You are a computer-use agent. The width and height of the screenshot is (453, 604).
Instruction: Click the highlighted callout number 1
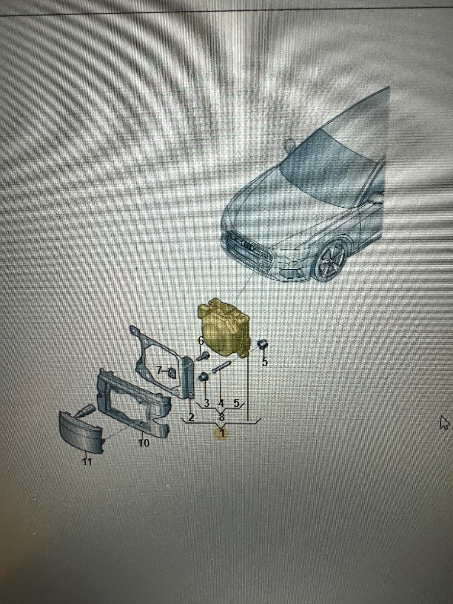coord(222,433)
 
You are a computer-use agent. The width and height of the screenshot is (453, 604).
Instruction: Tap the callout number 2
coord(191,417)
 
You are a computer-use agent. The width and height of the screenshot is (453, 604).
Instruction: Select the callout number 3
coord(206,403)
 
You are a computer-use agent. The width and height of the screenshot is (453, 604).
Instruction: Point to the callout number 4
coord(221,403)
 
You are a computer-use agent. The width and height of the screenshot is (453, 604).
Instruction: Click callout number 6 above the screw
coord(201,340)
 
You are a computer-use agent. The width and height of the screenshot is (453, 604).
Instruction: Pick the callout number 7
coord(159,370)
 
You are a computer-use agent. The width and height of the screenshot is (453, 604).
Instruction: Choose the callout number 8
coord(222,417)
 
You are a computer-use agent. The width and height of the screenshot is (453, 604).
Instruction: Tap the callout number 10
coord(143,442)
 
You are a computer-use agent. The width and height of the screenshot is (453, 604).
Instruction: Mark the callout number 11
coord(87,461)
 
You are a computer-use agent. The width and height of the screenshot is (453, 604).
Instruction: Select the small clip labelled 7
coord(172,373)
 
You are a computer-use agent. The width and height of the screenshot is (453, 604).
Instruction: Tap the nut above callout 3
coord(204,377)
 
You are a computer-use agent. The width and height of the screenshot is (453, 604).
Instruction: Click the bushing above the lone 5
coord(262,344)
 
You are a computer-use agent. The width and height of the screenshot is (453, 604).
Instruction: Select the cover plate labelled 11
coord(81,432)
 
